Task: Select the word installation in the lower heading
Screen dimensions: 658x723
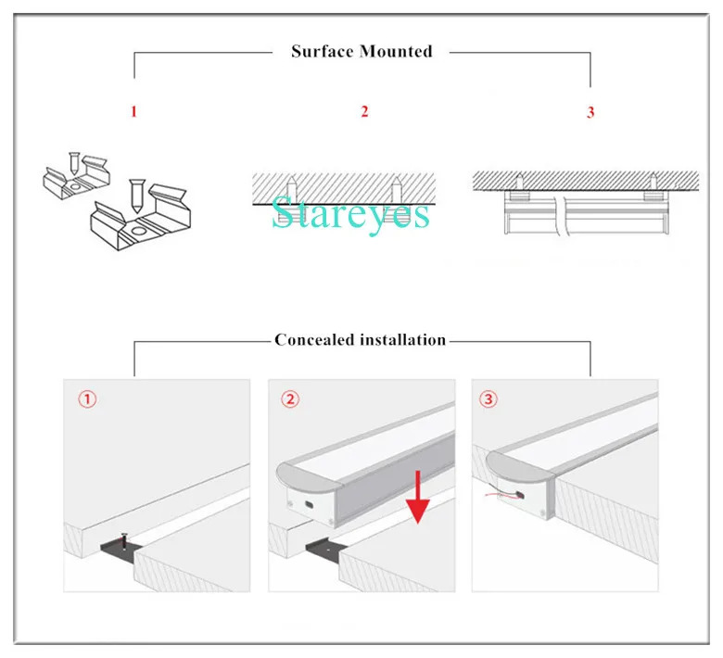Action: tap(402, 340)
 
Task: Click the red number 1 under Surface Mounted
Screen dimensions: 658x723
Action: tap(133, 112)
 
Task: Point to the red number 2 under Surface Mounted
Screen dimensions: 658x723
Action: tap(364, 112)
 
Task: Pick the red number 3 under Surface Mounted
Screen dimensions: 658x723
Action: tap(590, 113)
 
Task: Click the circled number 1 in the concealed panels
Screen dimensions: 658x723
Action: tap(85, 400)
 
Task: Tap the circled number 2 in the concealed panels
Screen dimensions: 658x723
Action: tap(290, 400)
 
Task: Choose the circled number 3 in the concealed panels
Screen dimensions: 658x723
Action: tap(488, 400)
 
